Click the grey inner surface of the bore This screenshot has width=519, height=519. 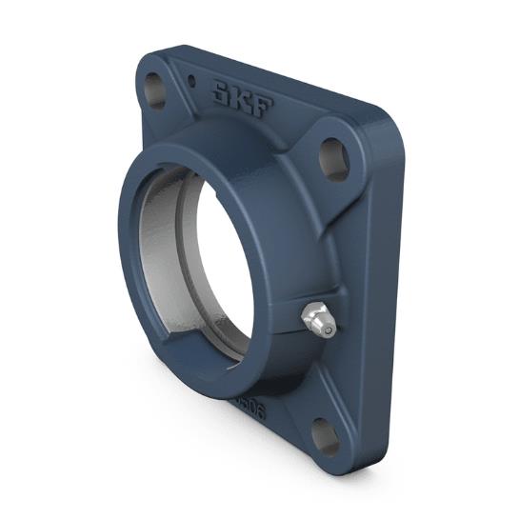click(164, 257)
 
